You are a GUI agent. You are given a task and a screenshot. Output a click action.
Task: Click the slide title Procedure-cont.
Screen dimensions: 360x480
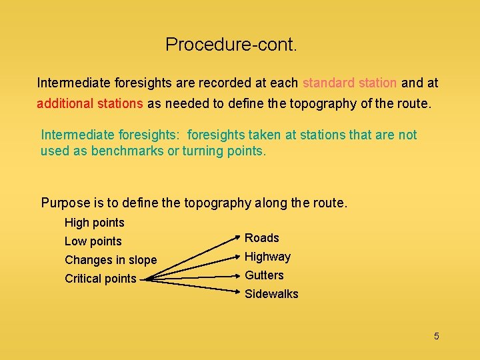pyautogui.click(x=231, y=45)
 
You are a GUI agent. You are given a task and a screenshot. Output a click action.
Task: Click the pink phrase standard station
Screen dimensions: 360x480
pyautogui.click(x=349, y=83)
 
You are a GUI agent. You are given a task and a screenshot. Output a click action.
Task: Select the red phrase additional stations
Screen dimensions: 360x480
pyautogui.click(x=90, y=104)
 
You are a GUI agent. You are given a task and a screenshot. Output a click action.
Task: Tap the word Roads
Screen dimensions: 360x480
pyautogui.click(x=262, y=238)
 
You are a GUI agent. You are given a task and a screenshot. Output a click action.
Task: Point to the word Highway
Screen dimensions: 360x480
pyautogui.click(x=268, y=257)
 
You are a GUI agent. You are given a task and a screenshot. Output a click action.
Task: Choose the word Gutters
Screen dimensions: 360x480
pyautogui.click(x=264, y=275)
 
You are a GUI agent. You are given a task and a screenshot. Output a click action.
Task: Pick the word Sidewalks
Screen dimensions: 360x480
pyautogui.click(x=271, y=294)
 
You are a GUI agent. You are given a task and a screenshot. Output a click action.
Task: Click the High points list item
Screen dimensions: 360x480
pyautogui.click(x=94, y=223)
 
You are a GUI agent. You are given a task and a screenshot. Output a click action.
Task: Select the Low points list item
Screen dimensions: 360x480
pyautogui.click(x=93, y=241)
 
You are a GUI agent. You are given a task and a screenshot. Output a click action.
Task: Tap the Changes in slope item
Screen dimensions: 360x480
pyautogui.click(x=111, y=260)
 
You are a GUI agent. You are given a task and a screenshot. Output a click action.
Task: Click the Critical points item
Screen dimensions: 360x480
pyautogui.click(x=100, y=279)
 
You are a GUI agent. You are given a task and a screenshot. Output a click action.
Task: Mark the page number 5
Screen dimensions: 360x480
pyautogui.click(x=437, y=336)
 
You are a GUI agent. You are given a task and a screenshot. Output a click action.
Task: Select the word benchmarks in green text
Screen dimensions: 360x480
pyautogui.click(x=127, y=151)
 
